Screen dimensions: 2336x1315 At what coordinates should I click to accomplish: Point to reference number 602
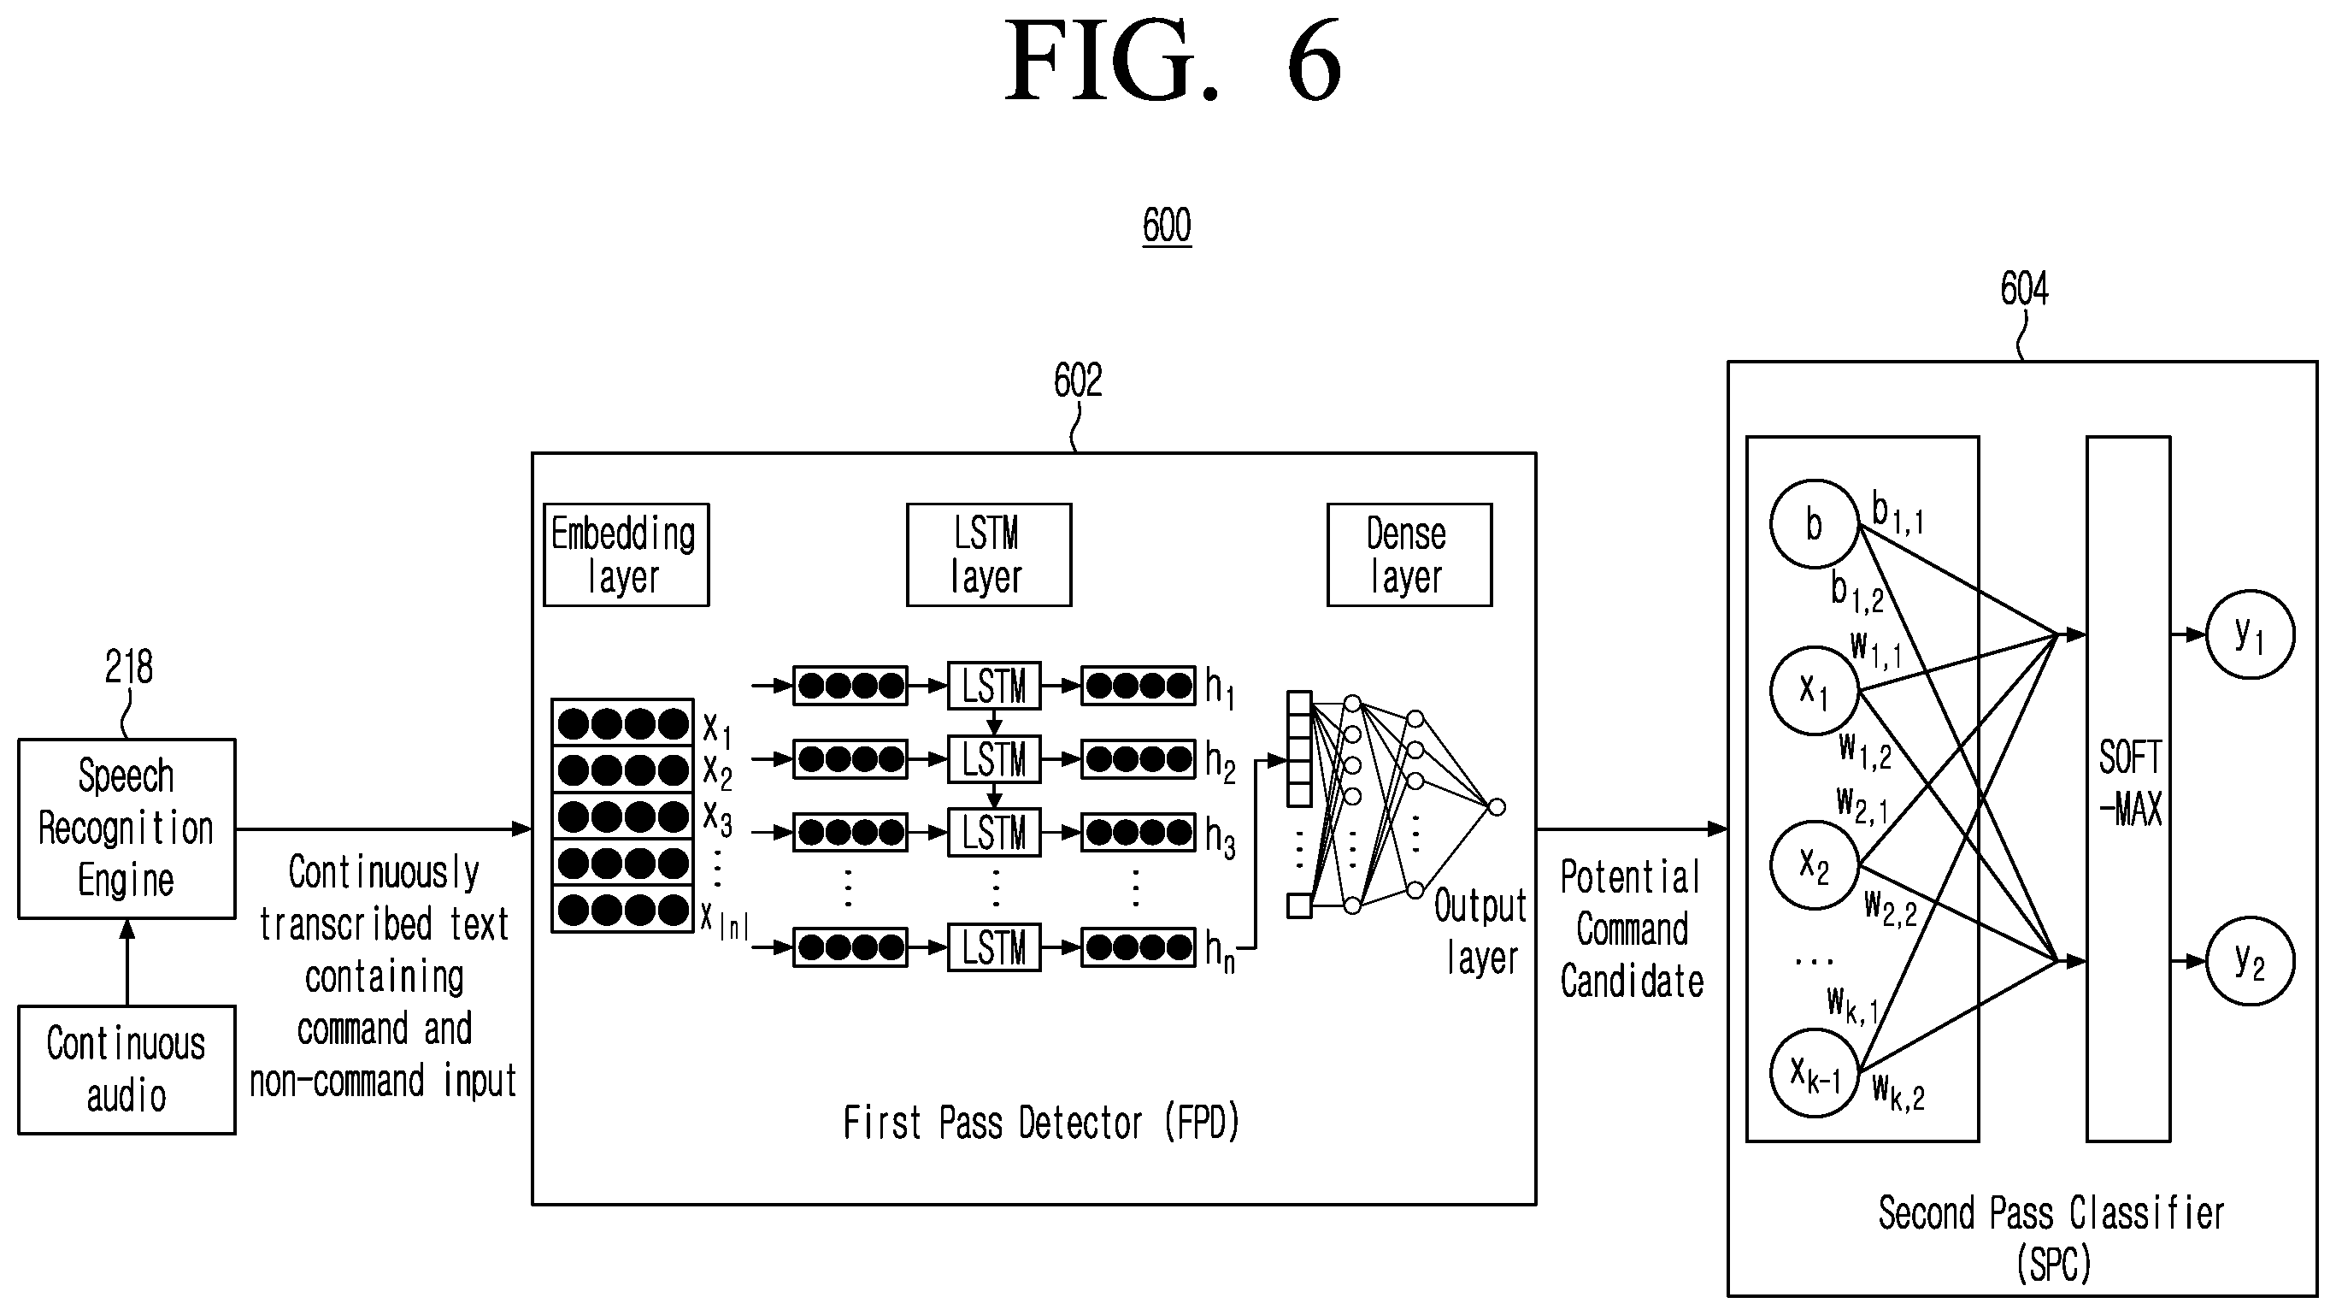tap(1077, 380)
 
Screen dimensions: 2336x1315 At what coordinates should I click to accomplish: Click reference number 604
tap(2024, 289)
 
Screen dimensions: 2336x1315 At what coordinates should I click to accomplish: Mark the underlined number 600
tap(1167, 226)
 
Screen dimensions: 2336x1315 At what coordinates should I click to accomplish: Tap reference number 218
tap(129, 668)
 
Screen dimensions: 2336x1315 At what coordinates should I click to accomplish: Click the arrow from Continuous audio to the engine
tap(127, 962)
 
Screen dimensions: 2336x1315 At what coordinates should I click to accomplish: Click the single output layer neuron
tap(1498, 807)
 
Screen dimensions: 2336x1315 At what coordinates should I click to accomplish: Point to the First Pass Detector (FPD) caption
tap(1041, 1123)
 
